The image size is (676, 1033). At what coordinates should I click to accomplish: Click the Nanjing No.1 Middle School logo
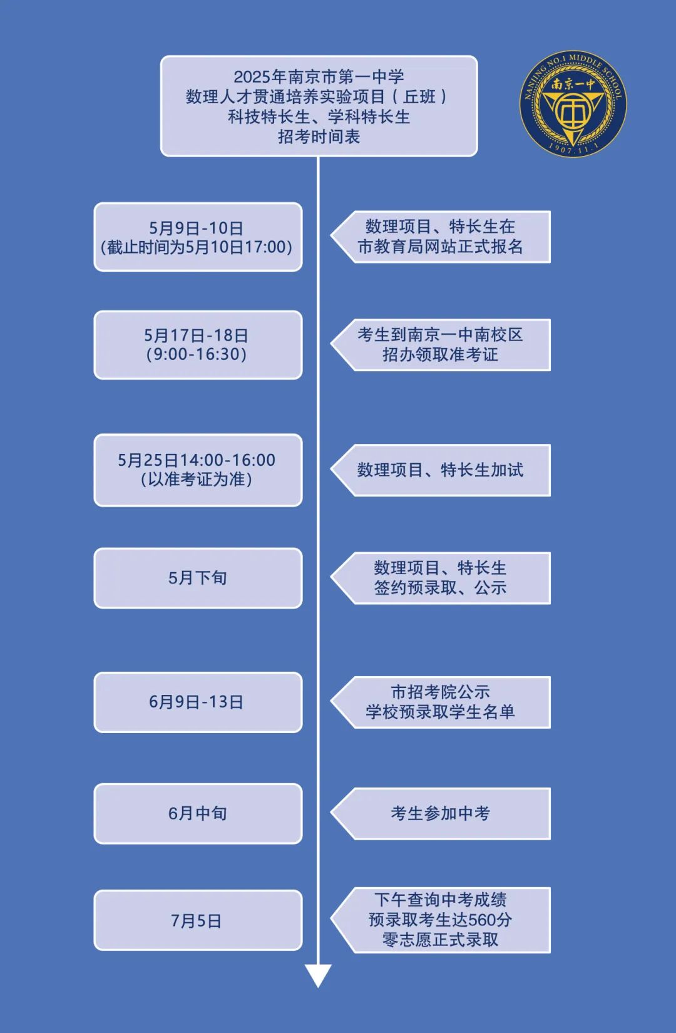573,103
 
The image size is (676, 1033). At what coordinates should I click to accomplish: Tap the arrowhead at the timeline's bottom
318,975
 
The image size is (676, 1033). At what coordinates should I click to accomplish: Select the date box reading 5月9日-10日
198,237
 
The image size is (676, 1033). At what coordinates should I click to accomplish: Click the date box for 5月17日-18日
198,345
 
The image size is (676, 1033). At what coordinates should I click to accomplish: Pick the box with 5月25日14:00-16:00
198,470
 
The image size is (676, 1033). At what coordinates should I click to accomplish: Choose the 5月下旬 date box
198,578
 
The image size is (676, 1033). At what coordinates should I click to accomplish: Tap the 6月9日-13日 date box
198,702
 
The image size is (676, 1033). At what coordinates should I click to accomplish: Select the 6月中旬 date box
198,813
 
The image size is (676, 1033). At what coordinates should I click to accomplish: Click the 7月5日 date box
198,920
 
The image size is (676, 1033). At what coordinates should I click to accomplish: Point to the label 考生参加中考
441,813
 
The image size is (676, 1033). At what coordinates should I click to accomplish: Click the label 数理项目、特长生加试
441,470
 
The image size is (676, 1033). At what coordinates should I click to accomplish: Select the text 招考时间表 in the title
319,136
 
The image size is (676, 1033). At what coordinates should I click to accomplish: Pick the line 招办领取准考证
441,354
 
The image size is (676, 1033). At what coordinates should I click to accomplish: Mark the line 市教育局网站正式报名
441,247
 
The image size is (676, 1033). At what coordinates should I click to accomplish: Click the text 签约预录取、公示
441,587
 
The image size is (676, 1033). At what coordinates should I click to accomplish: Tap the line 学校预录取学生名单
441,712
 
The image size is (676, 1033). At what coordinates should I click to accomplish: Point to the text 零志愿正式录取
441,939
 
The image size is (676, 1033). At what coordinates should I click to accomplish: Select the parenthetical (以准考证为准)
197,480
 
